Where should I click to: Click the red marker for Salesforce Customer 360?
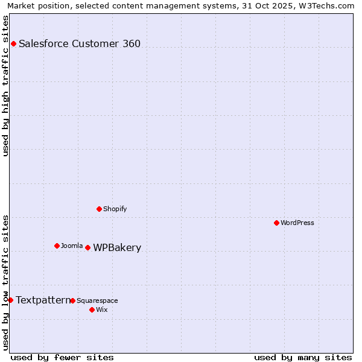coord(13,43)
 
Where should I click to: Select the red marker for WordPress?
coord(276,223)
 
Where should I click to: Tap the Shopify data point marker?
coord(99,209)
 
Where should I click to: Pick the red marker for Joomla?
coord(57,246)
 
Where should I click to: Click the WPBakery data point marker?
coord(87,247)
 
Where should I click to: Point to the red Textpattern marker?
coord(10,300)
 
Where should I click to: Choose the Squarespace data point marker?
coord(72,300)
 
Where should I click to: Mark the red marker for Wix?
coord(92,310)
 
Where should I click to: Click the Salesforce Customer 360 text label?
coord(80,43)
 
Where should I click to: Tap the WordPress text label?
coord(297,223)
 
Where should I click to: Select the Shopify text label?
coord(115,209)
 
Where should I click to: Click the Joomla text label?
coord(72,246)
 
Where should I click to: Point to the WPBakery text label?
coord(117,247)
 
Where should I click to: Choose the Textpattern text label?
coord(43,300)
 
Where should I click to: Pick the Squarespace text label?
coord(97,300)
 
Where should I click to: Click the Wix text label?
coord(101,310)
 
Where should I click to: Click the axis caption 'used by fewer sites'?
coord(62,357)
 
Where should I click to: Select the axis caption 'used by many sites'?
coord(303,357)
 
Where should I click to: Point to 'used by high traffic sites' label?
coord(6,86)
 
